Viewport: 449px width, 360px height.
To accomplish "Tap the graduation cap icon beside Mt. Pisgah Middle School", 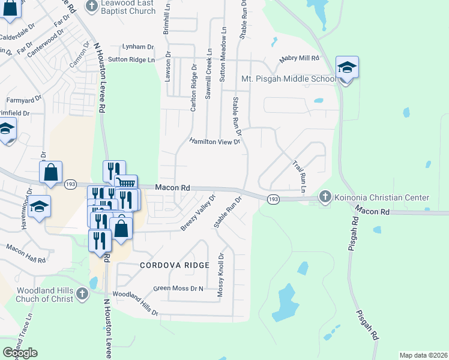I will coord(347,68).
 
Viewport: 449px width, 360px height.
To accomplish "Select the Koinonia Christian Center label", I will coord(382,197).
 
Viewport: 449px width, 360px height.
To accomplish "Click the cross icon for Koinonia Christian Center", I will coord(325,196).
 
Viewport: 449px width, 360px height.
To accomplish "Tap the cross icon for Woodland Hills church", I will coord(82,293).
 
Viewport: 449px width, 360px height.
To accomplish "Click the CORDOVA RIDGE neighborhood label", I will coord(175,265).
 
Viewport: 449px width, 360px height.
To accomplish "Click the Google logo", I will coord(20,353).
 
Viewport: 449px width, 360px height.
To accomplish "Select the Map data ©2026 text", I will coord(424,355).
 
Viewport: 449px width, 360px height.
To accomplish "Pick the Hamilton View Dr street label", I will coord(214,142).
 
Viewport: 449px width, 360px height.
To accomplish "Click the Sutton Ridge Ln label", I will coord(131,59).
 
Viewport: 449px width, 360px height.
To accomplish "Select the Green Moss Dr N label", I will coord(179,289).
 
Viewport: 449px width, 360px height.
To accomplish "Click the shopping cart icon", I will coord(125,183).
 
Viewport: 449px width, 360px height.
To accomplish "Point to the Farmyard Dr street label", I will coord(24,99).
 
